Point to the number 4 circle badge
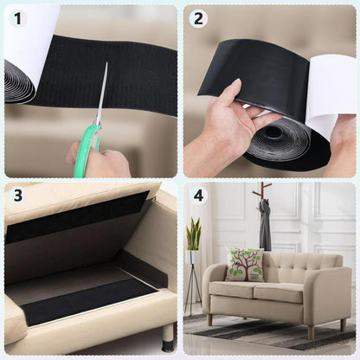pyautogui.click(x=198, y=196)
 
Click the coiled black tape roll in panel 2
pyautogui.click(x=277, y=143)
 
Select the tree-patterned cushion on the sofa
pyautogui.click(x=245, y=264)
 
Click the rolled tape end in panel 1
pyautogui.click(x=19, y=82)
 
